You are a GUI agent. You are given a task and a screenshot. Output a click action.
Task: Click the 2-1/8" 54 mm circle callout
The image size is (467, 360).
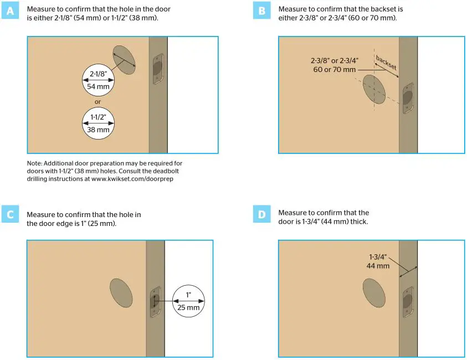pos(98,80)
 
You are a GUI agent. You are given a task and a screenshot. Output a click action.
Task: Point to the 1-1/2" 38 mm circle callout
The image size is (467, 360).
pos(98,122)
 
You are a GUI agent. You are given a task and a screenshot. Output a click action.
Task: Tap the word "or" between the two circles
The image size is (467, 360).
pos(97,101)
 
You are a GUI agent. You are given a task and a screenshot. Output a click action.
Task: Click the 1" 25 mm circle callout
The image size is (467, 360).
pos(189,301)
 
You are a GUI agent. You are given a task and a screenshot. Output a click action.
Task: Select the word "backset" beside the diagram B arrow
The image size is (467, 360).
pos(386,62)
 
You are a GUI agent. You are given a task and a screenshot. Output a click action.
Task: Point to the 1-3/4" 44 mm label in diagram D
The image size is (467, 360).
pos(378,261)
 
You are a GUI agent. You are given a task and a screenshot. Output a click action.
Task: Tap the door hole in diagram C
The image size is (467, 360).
pos(121,292)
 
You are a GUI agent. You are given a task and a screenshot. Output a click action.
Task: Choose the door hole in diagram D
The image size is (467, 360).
pos(374,292)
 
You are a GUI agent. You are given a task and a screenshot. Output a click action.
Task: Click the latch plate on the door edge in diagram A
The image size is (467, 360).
pos(157,69)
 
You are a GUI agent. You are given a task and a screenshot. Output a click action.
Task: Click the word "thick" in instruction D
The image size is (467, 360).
pos(358,222)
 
